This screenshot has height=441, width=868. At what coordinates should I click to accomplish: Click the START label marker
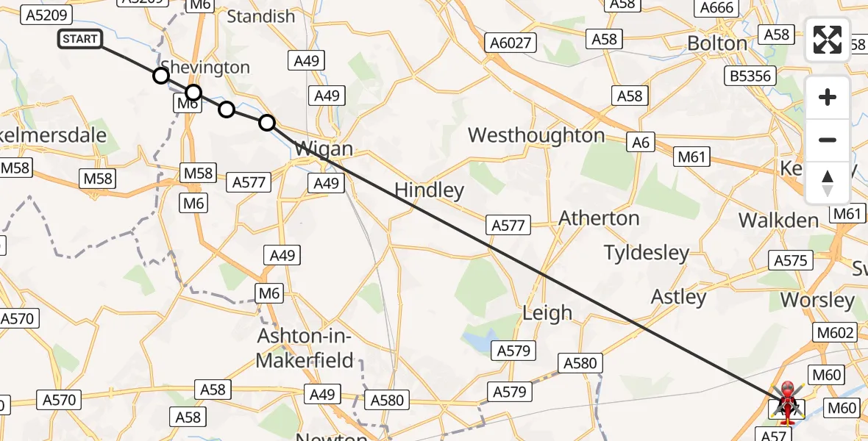pos(80,39)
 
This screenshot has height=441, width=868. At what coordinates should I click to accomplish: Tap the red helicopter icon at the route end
pos(787,402)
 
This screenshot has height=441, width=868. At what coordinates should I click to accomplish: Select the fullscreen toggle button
pos(828,40)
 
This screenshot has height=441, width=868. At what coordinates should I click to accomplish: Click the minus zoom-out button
pos(828,140)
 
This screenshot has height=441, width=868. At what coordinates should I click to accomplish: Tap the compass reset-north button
pos(828,182)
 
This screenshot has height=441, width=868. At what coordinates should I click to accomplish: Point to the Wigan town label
pos(324,149)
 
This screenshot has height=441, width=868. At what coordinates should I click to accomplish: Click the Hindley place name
pos(429,190)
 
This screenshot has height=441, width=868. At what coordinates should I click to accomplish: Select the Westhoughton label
pos(536,135)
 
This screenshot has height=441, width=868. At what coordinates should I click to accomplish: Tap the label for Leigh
pos(547,312)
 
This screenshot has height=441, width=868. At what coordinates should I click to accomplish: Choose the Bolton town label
pos(716,43)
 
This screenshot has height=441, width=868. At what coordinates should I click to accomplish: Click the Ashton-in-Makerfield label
pos(305,348)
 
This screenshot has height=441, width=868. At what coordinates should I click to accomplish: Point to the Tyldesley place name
pos(647,253)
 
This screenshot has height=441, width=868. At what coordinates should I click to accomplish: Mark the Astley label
pos(678,297)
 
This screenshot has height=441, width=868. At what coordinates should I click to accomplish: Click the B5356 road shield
pos(750,76)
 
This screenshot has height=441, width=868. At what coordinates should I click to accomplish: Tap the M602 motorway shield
pos(835,332)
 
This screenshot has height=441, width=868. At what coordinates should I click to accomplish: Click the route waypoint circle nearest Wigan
pos(267,123)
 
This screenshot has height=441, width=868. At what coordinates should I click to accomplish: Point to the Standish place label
pos(260,16)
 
